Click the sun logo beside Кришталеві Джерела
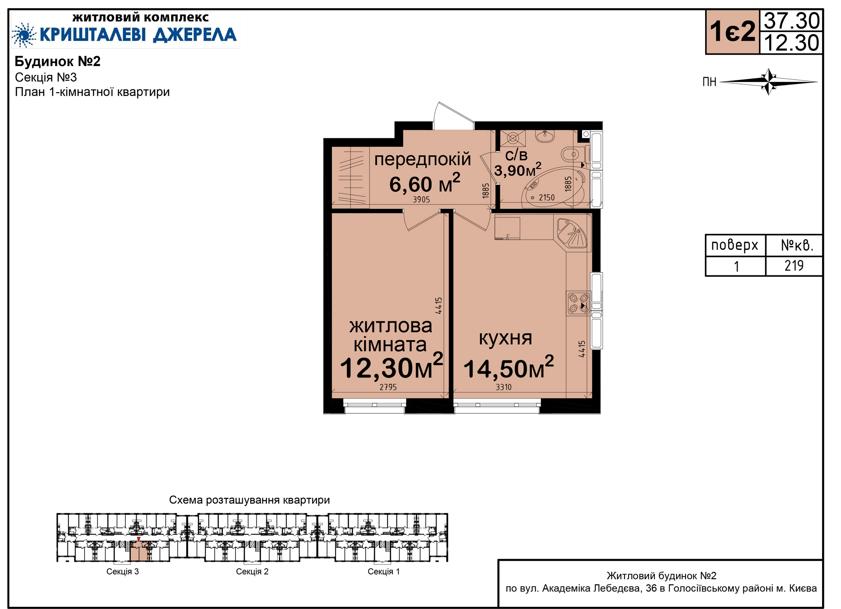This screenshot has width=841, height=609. [24, 35]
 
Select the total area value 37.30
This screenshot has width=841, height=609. [792, 20]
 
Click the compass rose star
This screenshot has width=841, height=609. [769, 81]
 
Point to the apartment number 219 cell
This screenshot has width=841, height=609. [794, 266]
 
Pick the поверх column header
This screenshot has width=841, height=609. [735, 245]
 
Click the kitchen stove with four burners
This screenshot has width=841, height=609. [578, 303]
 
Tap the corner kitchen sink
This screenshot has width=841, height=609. [572, 233]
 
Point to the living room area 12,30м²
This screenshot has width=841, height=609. [392, 366]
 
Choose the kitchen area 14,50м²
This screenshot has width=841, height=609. [509, 367]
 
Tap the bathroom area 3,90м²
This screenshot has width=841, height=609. [518, 169]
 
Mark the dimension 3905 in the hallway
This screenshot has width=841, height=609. [421, 200]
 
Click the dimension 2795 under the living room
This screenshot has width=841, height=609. [388, 387]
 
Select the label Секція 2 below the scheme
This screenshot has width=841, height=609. [252, 571]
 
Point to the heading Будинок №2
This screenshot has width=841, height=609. [58, 61]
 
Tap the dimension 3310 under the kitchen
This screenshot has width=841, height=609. [504, 387]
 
